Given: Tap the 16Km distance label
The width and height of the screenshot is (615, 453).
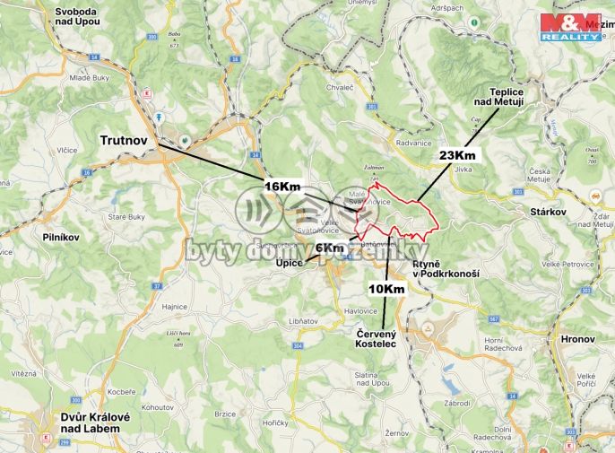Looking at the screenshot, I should click(282, 186).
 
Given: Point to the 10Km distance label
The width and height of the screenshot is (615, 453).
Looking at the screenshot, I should click(386, 289).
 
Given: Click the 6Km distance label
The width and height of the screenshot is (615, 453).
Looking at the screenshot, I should click(329, 248).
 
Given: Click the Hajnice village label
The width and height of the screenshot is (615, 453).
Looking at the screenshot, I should click(175, 307).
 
